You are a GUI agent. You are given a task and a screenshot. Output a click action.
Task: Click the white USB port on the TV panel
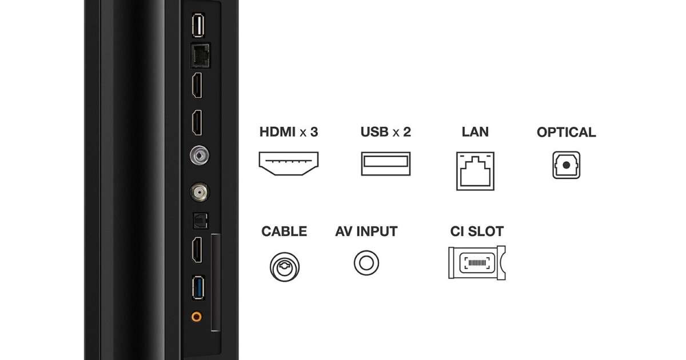click(x=198, y=25)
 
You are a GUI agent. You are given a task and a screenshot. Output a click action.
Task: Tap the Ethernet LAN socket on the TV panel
click(x=200, y=55)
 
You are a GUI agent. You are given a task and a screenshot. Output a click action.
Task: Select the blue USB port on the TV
click(x=198, y=288)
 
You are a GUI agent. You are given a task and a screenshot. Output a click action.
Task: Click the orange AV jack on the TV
click(x=197, y=316)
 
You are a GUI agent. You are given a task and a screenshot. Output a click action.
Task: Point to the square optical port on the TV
click(x=201, y=221)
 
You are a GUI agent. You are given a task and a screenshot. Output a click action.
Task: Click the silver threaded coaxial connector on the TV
click(x=200, y=192)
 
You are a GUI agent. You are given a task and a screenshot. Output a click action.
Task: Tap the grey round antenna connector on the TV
click(x=200, y=155)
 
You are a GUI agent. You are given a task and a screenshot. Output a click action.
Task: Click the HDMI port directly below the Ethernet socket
click(x=197, y=85)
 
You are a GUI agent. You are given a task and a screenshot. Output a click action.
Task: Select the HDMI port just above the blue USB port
click(x=197, y=250)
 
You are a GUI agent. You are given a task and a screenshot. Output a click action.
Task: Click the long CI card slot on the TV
click(x=216, y=282)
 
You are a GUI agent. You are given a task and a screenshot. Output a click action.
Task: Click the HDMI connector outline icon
click(x=289, y=163)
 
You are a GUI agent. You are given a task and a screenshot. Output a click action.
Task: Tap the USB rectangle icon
click(x=386, y=164)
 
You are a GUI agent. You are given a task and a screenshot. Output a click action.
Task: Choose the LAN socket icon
click(x=475, y=171)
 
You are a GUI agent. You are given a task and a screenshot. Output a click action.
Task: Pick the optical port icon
click(x=567, y=165)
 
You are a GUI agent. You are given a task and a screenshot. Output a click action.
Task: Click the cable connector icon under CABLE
click(x=285, y=267)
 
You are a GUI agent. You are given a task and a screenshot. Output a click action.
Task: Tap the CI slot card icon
click(x=477, y=263)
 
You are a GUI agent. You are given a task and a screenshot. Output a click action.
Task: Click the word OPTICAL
click(x=567, y=132)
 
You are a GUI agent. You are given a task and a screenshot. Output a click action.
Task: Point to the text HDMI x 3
click(x=289, y=132)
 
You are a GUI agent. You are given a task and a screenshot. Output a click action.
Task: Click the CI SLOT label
click(x=477, y=231)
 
